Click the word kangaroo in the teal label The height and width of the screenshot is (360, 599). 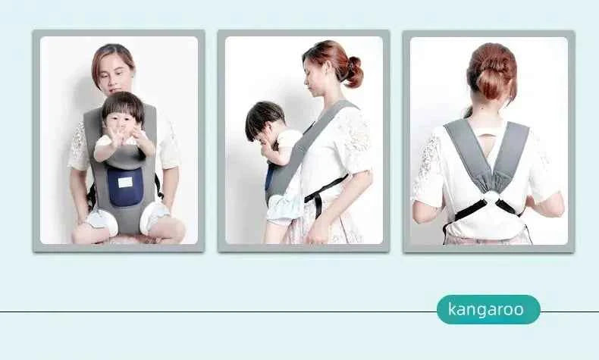pyautogui.click(x=486, y=309)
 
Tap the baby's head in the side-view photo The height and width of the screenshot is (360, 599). pyautogui.click(x=264, y=120)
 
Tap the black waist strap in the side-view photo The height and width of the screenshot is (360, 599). pyautogui.click(x=321, y=189)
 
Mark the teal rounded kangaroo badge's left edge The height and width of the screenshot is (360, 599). pyautogui.click(x=439, y=309)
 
